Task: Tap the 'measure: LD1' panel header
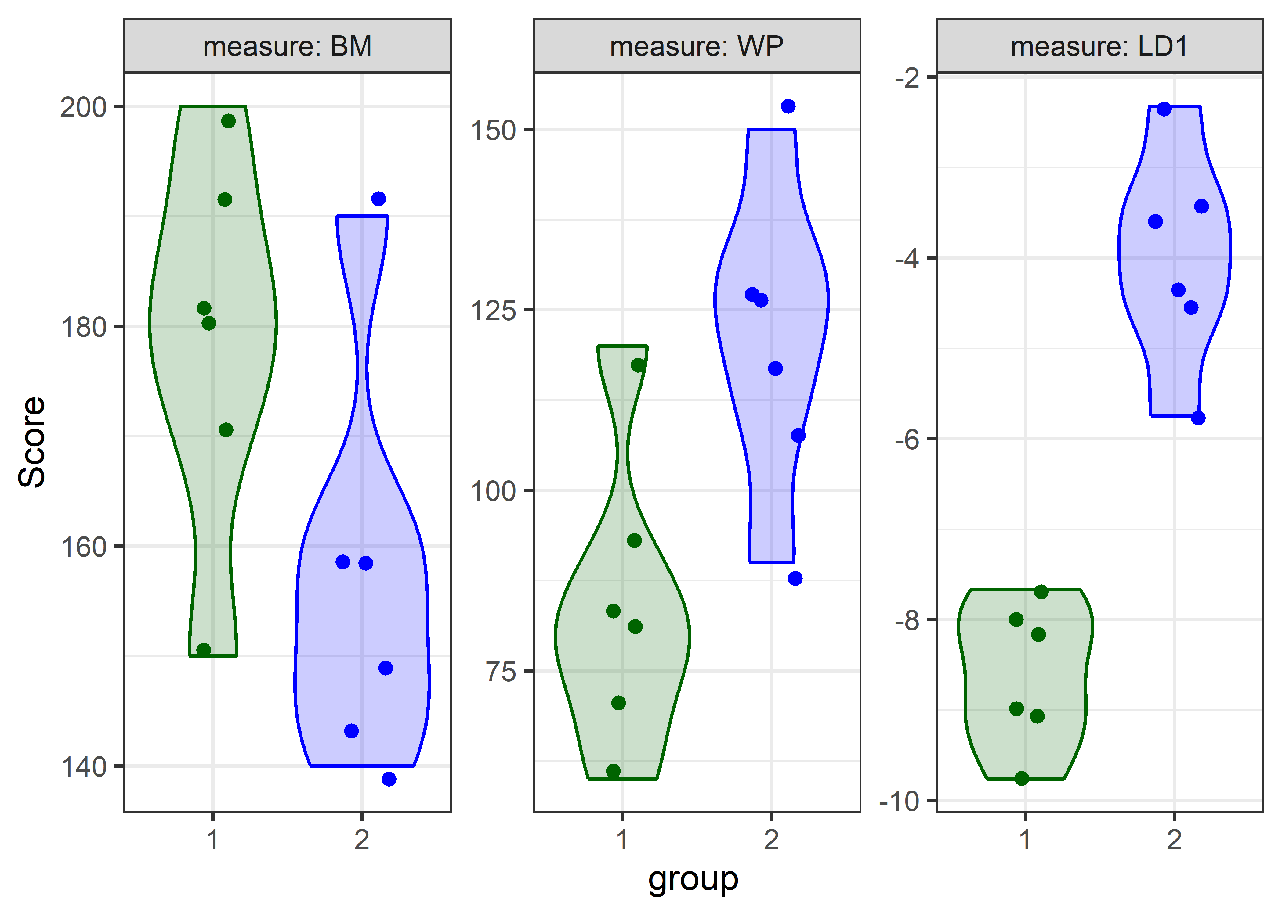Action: coord(1099,46)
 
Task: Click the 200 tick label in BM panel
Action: coord(83,107)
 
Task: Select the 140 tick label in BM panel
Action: coord(83,767)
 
